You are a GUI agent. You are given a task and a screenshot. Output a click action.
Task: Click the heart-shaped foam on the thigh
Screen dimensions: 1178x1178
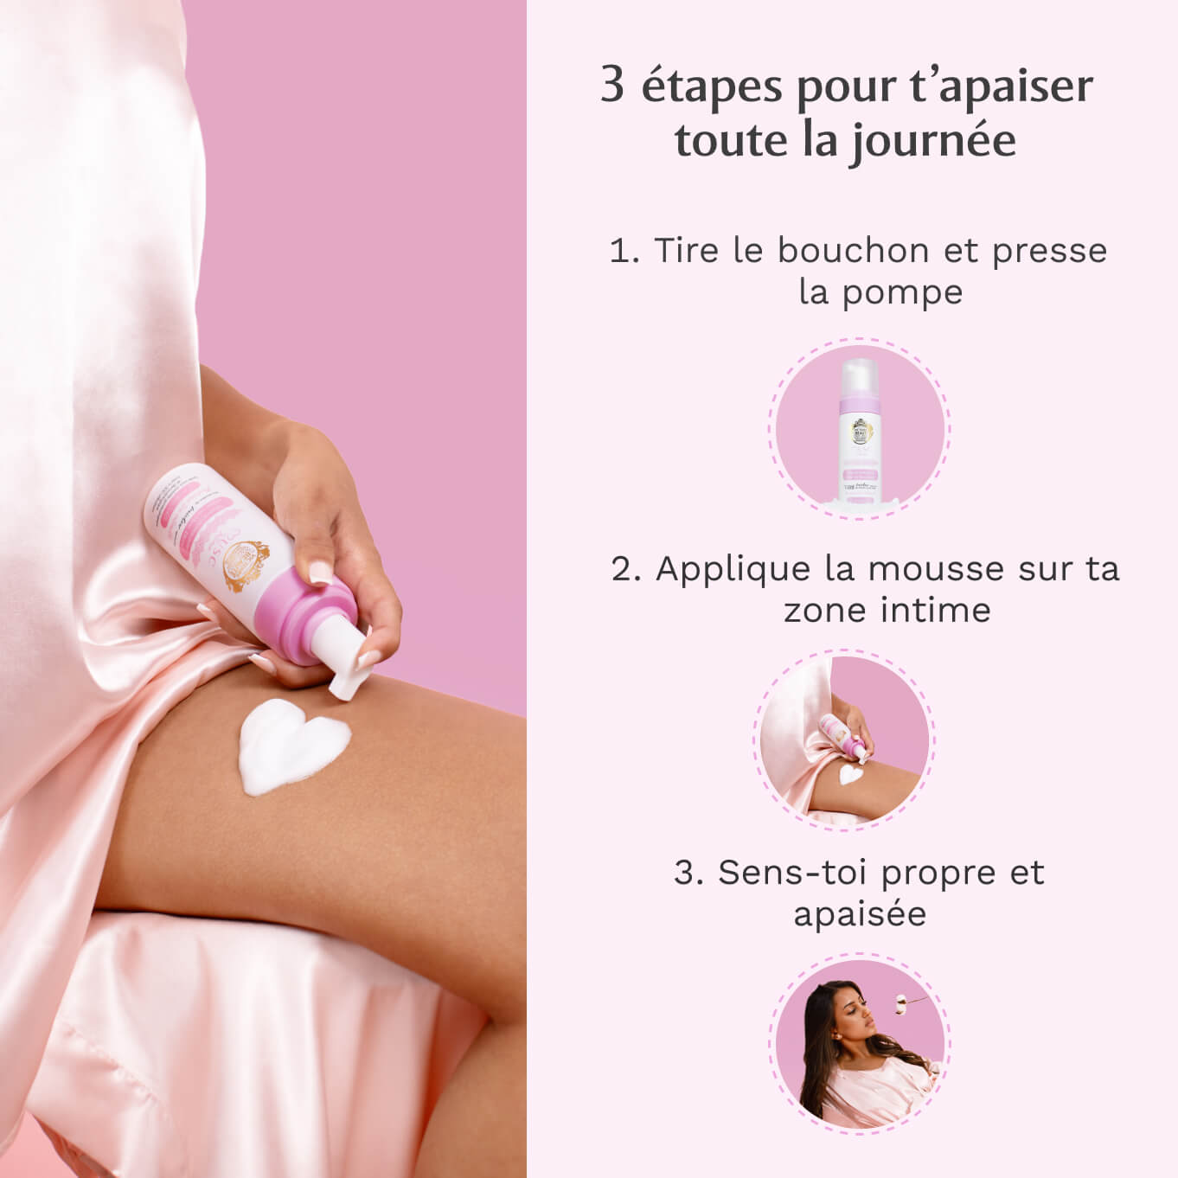[292, 745]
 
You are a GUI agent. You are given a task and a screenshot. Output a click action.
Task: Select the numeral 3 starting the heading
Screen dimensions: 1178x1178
[612, 86]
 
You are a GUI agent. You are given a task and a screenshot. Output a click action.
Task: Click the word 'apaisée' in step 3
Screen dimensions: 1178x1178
[860, 914]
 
